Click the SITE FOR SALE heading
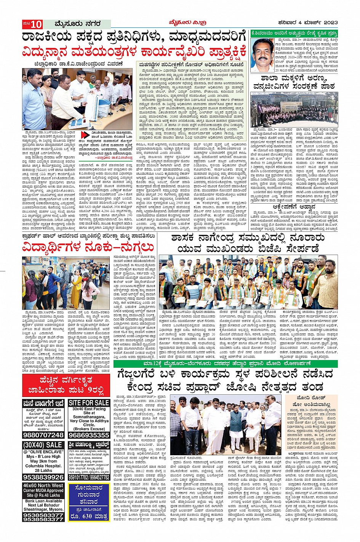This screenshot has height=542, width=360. [89, 403]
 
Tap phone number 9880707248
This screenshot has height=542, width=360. [43, 435]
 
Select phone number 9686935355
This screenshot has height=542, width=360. [89, 435]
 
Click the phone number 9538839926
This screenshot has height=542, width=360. [43, 477]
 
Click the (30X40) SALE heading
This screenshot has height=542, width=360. [43, 445]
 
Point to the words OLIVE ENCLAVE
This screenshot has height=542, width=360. [43, 451]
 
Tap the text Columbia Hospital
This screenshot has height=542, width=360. [43, 466]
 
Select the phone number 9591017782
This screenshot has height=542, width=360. [78, 477]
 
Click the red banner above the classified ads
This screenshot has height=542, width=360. [66, 386]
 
